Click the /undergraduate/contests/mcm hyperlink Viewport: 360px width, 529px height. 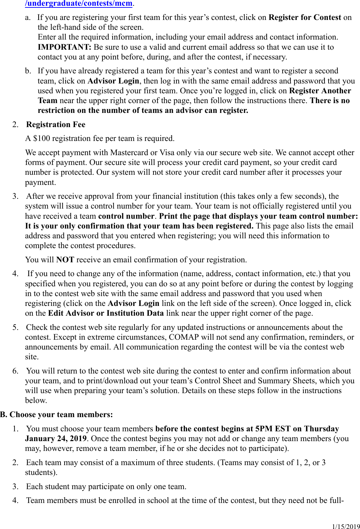79,3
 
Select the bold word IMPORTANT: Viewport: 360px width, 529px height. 64,47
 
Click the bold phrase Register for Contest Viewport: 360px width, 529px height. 305,17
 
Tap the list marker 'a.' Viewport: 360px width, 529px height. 28,17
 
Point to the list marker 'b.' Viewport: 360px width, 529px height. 28,71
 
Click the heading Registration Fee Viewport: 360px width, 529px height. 56,124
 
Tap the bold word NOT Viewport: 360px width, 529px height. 65,260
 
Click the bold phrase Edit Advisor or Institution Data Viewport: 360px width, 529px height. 106,313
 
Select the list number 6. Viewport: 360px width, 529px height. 15,371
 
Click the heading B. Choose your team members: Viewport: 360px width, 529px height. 56,414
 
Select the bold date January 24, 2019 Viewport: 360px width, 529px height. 56,438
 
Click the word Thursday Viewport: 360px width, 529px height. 321,429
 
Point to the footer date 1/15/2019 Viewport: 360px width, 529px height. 346,526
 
